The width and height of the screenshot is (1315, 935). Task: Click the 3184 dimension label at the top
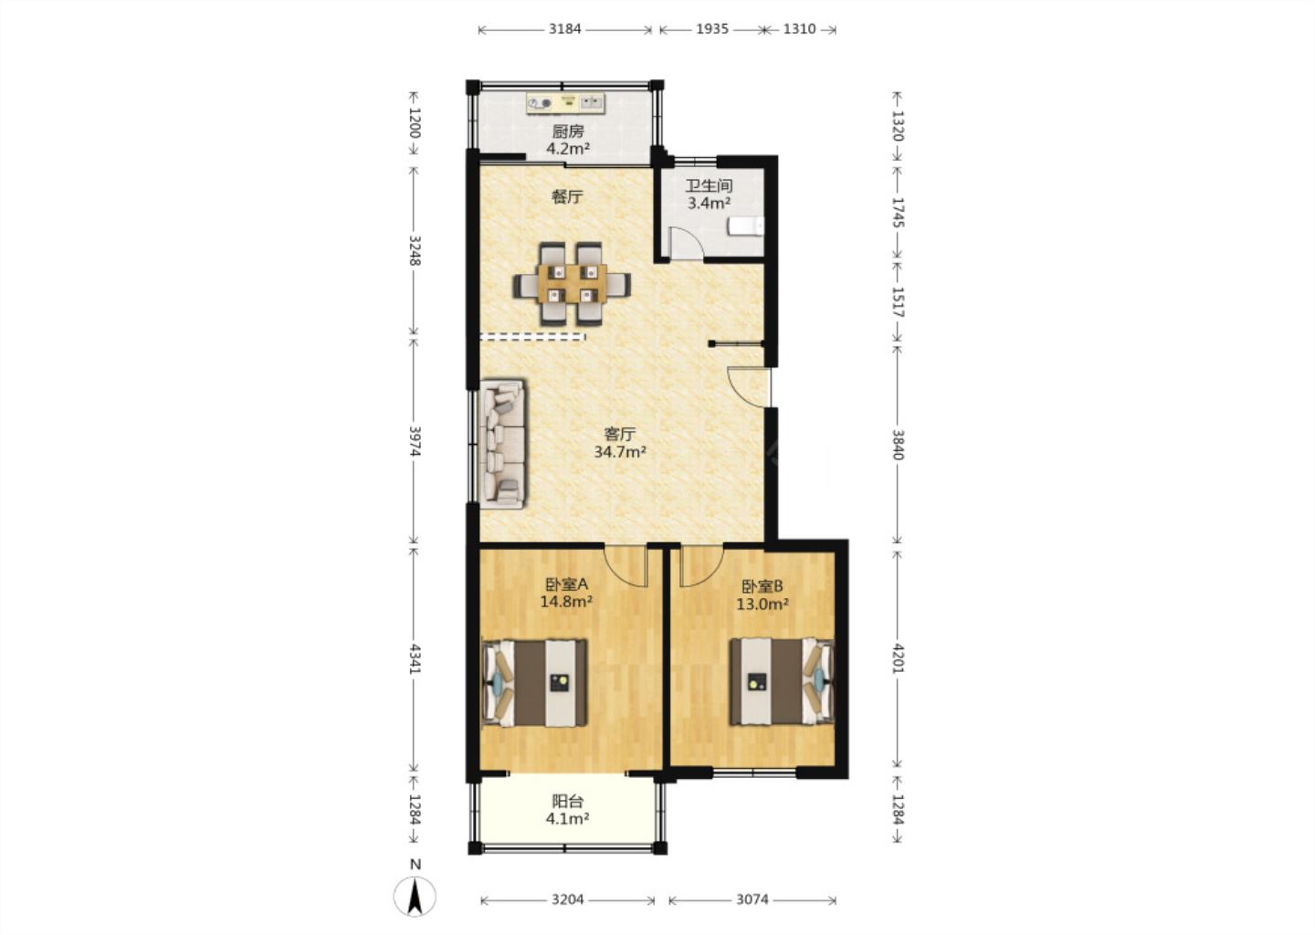564,28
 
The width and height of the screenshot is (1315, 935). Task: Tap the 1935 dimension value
712,28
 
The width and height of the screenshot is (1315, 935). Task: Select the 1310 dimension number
799,28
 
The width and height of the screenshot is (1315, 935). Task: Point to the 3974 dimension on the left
415,441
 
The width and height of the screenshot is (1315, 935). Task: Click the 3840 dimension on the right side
898,445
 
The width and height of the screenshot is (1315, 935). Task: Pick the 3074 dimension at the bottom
752,899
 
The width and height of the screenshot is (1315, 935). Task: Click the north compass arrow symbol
415,897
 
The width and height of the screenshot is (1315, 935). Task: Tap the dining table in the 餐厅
572,283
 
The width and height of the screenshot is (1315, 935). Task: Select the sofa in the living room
503,445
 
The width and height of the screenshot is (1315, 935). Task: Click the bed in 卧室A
534,683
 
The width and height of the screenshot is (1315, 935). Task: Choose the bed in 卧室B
782,681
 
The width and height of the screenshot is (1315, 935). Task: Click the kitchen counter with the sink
565,103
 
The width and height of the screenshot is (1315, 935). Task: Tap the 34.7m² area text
620,452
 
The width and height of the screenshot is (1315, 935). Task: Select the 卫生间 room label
710,186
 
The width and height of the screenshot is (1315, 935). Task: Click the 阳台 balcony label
568,801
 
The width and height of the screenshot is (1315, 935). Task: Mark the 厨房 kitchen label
568,131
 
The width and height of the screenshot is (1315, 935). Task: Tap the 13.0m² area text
762,604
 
